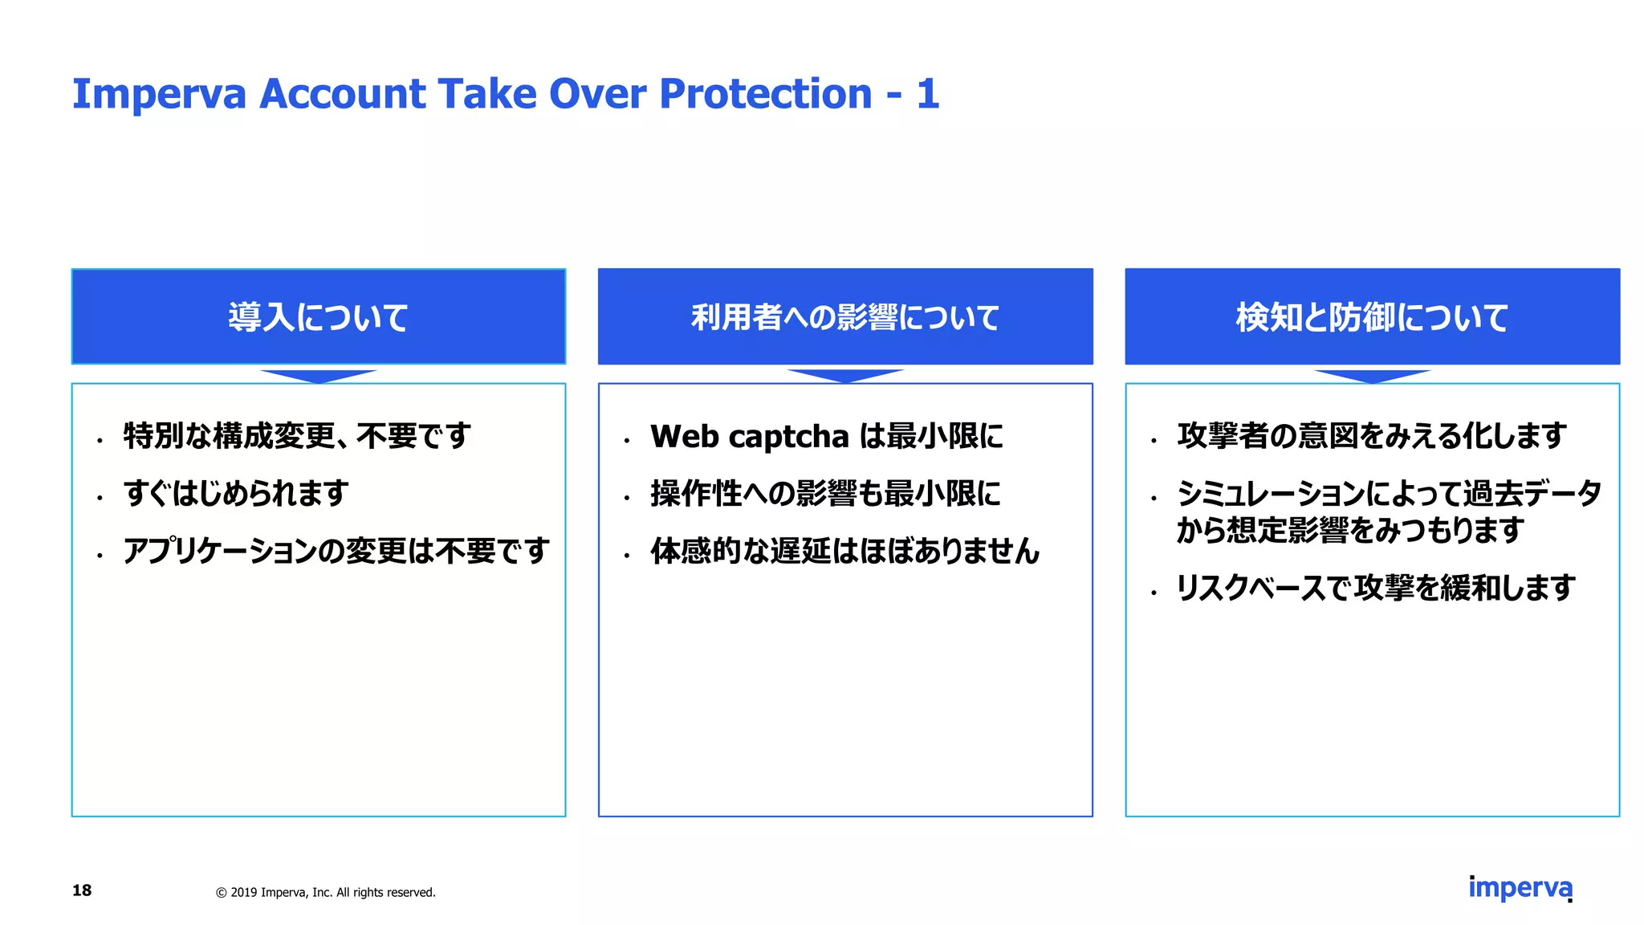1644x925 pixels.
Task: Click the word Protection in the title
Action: point(765,94)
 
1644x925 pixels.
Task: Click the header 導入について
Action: point(319,317)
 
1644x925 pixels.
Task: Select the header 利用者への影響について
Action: point(845,317)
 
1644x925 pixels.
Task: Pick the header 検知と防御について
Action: point(1372,317)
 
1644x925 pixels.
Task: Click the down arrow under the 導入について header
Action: point(319,376)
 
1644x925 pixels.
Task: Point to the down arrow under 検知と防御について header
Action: point(1372,376)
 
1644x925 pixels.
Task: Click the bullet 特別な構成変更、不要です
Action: point(297,436)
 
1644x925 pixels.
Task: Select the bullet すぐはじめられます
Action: point(236,493)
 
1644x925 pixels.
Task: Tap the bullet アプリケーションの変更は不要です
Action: point(336,551)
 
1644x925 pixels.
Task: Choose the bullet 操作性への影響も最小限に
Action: point(826,494)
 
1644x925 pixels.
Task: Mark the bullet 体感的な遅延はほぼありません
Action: point(844,552)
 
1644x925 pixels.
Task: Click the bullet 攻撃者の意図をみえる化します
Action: point(1372,436)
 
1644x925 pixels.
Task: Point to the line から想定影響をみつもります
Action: point(1350,531)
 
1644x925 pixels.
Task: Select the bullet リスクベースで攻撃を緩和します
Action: point(1375,588)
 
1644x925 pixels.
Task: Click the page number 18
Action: point(82,890)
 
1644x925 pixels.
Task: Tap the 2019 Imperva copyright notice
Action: point(326,892)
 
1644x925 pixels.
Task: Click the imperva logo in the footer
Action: point(1520,887)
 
